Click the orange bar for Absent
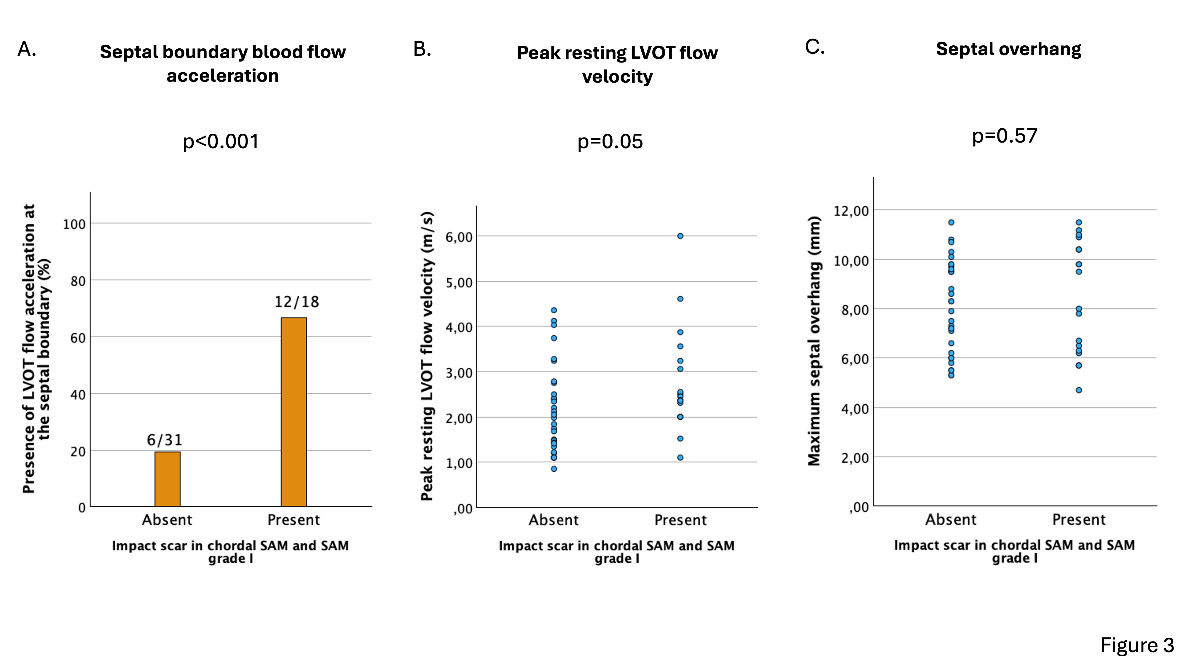pos(167,479)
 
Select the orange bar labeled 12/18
pos(294,412)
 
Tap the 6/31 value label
pos(164,440)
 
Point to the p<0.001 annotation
pos(221,141)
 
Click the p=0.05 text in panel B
pos(610,141)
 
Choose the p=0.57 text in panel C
pos(1005,136)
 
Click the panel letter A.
pos(27,49)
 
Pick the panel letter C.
pos(814,47)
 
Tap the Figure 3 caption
pos(1137,645)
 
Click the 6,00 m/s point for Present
pos(680,236)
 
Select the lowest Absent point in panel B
pos(554,469)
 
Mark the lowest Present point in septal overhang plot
pos(1079,390)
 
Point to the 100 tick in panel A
pos(74,225)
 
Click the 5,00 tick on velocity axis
pos(459,283)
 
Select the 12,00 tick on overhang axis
pos(851,211)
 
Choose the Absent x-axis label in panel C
pos(951,520)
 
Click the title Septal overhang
pos(1008,49)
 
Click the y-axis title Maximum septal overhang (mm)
pos(814,341)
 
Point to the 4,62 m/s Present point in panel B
pos(680,299)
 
